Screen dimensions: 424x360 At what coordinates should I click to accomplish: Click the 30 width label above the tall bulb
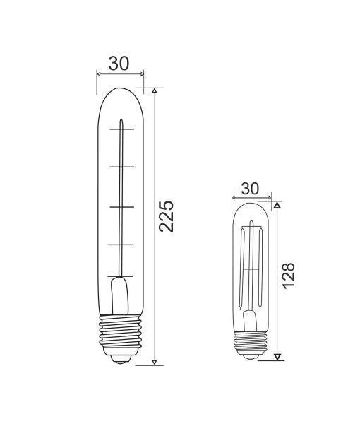119,64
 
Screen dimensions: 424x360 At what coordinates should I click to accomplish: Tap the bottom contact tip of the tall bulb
121,358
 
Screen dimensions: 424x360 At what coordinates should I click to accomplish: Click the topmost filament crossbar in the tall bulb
121,128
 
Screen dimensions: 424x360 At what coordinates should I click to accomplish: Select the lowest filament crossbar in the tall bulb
121,275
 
